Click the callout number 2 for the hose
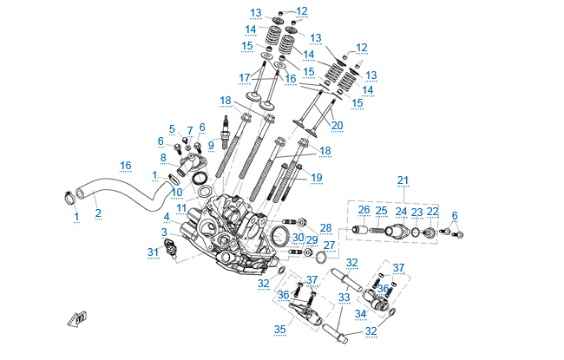(x=97, y=213)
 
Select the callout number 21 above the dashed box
(x=403, y=180)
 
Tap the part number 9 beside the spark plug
(x=210, y=144)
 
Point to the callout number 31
(x=154, y=252)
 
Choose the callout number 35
(x=279, y=330)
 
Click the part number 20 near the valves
(x=338, y=125)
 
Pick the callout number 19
(x=317, y=177)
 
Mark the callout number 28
(x=325, y=229)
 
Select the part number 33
(x=344, y=297)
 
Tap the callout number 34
(x=361, y=313)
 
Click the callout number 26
(x=364, y=210)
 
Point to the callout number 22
(x=432, y=212)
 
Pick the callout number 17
(x=244, y=77)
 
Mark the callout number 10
(x=176, y=192)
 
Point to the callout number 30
(x=298, y=236)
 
